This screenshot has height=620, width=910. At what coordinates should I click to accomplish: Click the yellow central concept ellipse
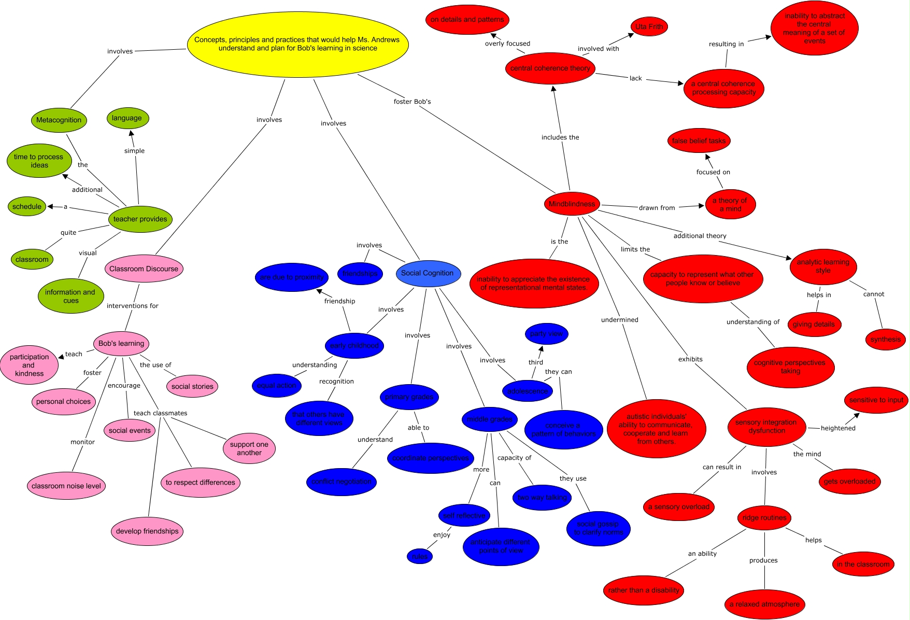coord(297,44)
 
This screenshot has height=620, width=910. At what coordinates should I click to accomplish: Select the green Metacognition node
coord(59,120)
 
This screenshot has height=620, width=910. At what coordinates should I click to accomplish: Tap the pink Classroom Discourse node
coord(144,269)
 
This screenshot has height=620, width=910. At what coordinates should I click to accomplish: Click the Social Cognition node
coord(428,273)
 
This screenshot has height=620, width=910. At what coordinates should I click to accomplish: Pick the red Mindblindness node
coord(572,204)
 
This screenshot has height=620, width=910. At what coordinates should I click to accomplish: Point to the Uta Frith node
coord(649,26)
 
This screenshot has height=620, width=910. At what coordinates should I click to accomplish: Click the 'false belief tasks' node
coord(699,141)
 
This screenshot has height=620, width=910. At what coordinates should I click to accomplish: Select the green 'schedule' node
coord(27,207)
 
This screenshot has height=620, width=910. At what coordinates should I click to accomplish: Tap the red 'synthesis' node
coord(885,340)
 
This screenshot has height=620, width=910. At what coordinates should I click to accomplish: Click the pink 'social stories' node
coord(192,387)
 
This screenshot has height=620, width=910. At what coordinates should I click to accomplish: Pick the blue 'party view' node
coord(546,334)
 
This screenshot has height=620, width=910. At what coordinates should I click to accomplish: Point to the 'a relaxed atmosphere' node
coord(764,604)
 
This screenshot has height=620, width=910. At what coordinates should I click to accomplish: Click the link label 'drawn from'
coord(657,208)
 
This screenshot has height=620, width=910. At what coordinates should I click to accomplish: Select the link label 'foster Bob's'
coord(412,102)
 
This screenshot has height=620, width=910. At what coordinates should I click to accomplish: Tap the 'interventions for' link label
coord(133,306)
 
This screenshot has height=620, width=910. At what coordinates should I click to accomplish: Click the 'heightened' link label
coord(838,428)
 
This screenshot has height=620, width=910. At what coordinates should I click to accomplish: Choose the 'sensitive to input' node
coord(876,400)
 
